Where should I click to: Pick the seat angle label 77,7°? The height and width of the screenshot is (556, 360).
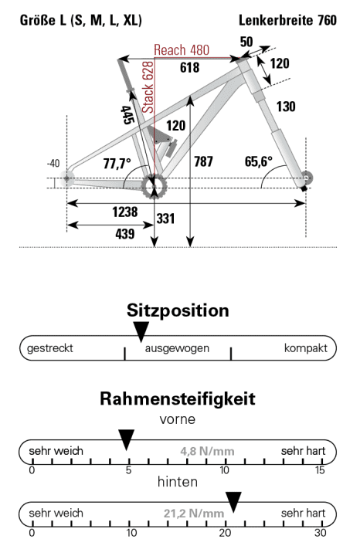coord(117,164)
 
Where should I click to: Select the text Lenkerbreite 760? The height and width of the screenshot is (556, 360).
coord(294,19)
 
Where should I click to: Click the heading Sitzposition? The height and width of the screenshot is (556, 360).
coord(178,310)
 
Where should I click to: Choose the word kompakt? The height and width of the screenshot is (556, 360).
coord(305,348)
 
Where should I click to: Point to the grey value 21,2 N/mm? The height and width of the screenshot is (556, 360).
coord(194,513)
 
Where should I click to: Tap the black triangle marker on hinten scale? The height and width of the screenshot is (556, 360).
coord(233,502)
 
